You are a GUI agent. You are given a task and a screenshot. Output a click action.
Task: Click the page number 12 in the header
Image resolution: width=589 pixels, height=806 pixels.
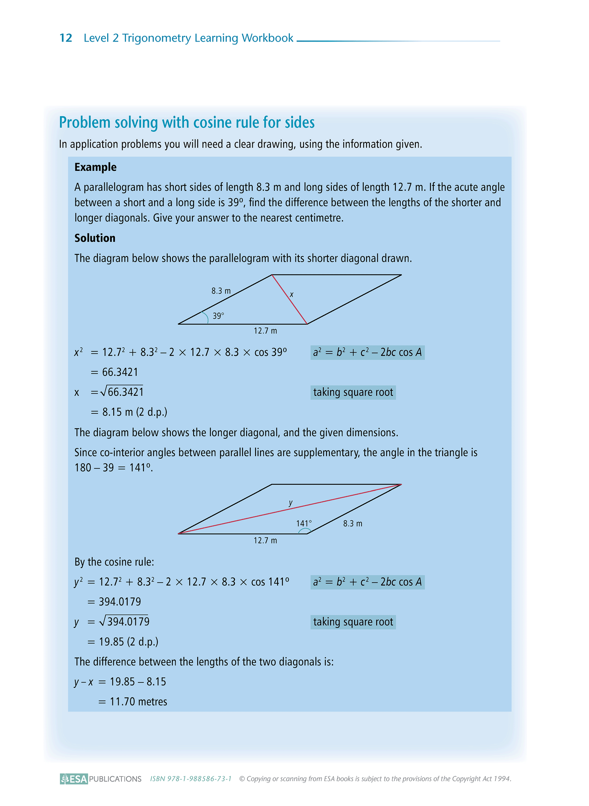coord(66,38)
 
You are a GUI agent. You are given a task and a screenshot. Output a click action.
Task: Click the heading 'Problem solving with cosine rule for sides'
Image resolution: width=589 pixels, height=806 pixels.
coord(187,122)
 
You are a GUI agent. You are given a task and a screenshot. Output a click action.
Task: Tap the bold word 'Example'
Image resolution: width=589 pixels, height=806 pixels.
coord(95,167)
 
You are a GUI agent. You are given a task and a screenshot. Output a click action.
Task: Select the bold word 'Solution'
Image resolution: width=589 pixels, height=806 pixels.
coord(95,238)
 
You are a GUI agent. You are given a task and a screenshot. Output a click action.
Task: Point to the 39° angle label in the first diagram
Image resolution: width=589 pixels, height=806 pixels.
coord(218,316)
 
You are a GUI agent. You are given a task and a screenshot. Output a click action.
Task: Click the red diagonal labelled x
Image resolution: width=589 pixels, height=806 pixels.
coord(289,299)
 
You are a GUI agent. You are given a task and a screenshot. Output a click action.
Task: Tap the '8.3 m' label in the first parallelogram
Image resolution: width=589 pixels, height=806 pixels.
coord(221,291)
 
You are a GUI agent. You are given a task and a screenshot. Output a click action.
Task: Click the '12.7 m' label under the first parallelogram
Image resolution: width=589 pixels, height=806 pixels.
coord(265,331)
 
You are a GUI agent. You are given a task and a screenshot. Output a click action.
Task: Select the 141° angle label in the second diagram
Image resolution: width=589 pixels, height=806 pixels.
coord(304,523)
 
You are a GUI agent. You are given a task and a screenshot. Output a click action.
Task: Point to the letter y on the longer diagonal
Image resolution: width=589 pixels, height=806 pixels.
coord(291,503)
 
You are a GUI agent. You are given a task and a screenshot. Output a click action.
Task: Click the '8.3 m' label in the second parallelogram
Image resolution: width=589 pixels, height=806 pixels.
coord(353,523)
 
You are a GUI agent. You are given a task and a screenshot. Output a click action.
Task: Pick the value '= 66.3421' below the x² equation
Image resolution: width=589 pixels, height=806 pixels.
coord(115,372)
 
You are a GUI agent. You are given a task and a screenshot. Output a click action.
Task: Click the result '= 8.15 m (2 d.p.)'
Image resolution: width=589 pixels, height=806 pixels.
coord(129,412)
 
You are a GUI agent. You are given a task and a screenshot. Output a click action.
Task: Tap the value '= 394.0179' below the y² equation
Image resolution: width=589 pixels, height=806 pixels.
coord(115,602)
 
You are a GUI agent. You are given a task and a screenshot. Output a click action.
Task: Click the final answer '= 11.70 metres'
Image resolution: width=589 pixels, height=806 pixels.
coord(133,702)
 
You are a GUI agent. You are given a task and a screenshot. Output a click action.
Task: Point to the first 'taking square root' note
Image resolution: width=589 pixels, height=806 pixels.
coord(353,392)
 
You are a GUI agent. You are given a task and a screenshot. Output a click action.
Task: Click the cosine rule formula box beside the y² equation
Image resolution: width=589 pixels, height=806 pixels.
coord(367,582)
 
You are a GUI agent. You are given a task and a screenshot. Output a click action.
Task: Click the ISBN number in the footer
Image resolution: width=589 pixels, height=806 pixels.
coord(191,779)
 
